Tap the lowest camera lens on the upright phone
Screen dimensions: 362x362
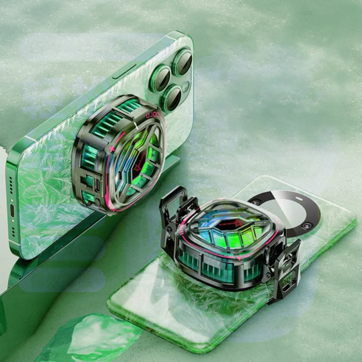[x=171, y=98]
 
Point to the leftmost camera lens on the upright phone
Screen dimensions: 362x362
[x=160, y=79]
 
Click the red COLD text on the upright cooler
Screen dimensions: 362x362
[x=154, y=113]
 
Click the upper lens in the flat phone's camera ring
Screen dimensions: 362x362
[x=256, y=201]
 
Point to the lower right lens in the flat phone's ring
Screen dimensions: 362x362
[x=307, y=226]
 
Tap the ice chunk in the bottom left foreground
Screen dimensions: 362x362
[x=88, y=339]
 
